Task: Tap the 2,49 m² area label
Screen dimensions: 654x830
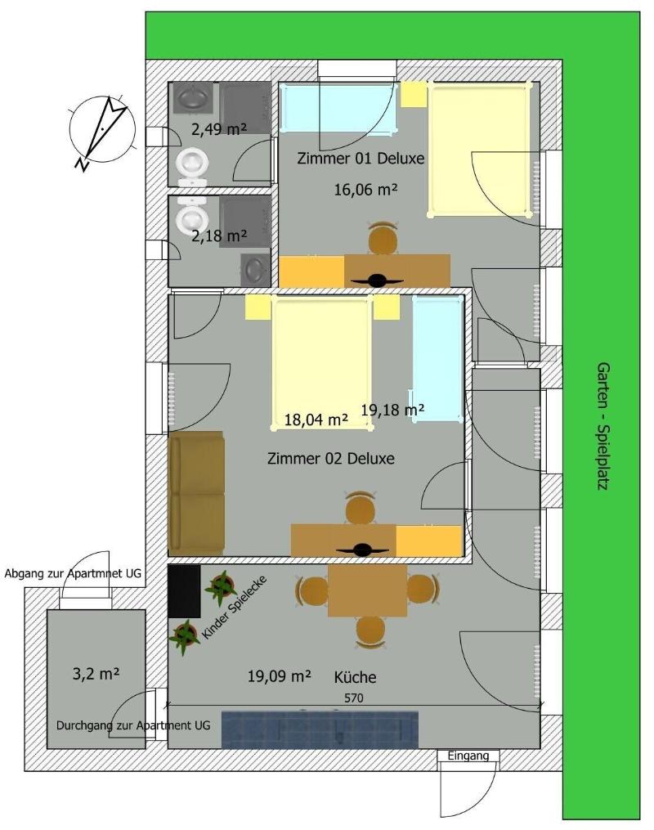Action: (219, 129)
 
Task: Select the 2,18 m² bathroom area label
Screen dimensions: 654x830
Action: (219, 236)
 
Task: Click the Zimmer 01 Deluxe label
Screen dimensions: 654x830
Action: (361, 159)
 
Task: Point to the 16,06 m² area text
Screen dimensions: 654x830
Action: (365, 189)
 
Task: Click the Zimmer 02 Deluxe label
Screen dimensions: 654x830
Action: (331, 458)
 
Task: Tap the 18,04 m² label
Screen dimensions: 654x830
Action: (316, 419)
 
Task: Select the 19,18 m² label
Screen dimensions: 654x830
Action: (392, 409)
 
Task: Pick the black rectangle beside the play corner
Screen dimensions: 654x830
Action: (184, 591)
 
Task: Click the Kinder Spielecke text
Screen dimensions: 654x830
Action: (234, 607)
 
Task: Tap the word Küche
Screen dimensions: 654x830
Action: (355, 677)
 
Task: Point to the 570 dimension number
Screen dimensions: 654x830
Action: (353, 698)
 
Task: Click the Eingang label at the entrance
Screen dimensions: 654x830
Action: (468, 756)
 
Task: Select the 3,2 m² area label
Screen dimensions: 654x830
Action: (96, 674)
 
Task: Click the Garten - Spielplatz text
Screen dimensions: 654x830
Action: (603, 426)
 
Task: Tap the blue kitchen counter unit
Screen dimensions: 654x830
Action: (320, 730)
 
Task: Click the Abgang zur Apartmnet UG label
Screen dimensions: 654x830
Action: (73, 573)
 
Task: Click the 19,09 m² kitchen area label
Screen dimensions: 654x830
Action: (280, 676)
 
